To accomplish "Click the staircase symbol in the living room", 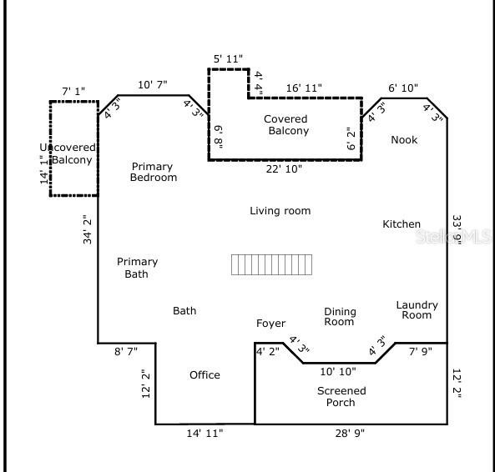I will (272, 265).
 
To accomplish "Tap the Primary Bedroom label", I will (154, 172).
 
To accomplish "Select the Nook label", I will (404, 140).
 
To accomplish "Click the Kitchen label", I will (402, 224).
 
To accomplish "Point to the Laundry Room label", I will (417, 310).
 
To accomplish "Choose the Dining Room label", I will (340, 317).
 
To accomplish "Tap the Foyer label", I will (270, 324).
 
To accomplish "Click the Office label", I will (205, 375).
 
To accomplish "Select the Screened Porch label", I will (341, 397).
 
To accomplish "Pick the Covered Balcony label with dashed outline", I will (287, 125).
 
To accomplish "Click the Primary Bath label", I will (137, 268).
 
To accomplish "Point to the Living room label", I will (280, 211).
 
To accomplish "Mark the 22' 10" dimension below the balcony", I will (283, 169).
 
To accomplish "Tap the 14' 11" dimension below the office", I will (205, 434).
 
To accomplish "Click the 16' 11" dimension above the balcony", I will (304, 88).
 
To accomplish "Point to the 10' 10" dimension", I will (337, 371).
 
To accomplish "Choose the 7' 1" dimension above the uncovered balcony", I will (73, 90).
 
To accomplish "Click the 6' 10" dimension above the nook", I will (404, 88).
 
